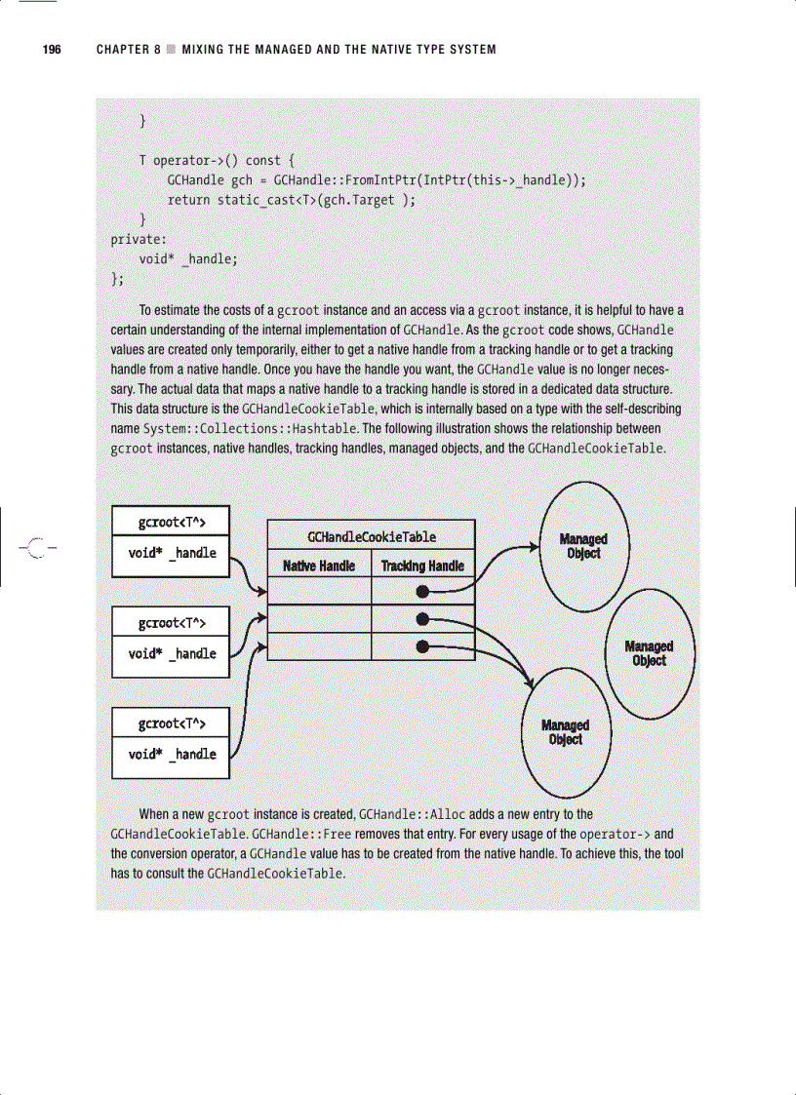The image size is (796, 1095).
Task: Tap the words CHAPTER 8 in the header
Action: (x=128, y=50)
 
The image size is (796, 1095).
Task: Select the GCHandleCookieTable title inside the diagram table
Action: (x=371, y=536)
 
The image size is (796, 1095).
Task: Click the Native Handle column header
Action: (x=319, y=566)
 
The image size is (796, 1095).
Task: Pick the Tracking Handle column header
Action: (x=422, y=566)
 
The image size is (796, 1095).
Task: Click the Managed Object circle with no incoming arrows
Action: (x=649, y=653)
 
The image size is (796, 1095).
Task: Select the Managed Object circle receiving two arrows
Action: (x=566, y=732)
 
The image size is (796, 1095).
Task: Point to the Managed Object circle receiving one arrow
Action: (x=583, y=546)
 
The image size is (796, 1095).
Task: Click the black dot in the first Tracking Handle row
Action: (x=422, y=591)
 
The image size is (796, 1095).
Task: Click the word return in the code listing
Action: (x=189, y=200)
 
